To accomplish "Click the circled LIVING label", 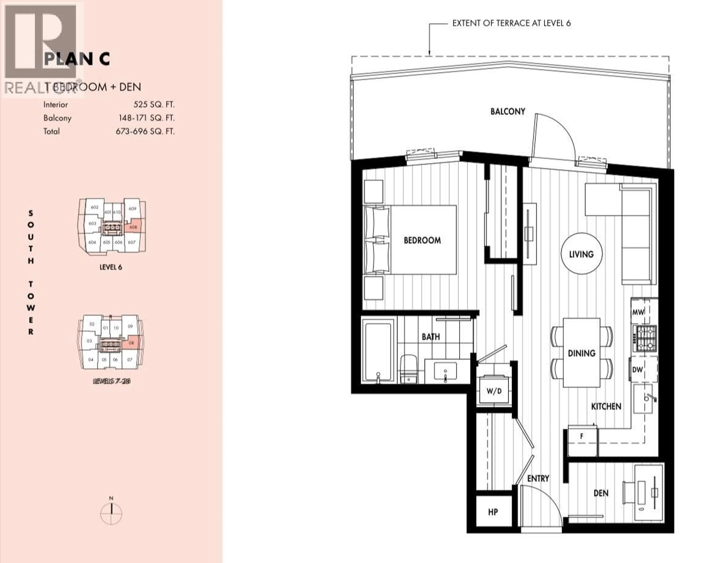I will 581,254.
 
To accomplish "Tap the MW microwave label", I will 638,312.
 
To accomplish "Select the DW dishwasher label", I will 637,370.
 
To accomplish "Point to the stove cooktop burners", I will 645,338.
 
